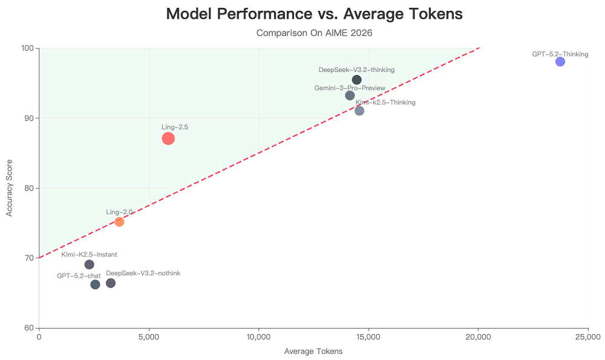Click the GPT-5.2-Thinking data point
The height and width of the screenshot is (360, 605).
click(560, 62)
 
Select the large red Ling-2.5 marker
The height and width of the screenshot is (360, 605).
click(168, 139)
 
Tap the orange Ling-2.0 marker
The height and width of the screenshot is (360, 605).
click(119, 222)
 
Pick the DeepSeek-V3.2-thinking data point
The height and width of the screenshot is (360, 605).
click(357, 80)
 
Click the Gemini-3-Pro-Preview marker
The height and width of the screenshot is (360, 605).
click(350, 96)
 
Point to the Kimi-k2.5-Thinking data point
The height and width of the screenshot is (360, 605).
click(359, 111)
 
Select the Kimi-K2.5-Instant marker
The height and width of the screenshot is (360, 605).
click(90, 264)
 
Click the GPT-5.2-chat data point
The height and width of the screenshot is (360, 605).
click(95, 284)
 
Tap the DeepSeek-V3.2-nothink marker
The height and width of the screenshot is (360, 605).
click(111, 283)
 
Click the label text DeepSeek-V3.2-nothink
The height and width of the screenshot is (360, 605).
click(143, 273)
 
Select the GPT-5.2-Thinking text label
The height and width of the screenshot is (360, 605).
click(560, 54)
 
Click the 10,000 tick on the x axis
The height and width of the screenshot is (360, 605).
click(258, 336)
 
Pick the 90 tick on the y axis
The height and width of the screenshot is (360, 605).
click(28, 118)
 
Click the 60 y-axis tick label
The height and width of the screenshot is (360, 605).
click(28, 328)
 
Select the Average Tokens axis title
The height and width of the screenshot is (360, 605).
click(313, 352)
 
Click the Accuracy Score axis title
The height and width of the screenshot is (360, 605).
click(10, 188)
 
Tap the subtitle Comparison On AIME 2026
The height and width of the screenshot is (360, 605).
click(314, 33)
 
